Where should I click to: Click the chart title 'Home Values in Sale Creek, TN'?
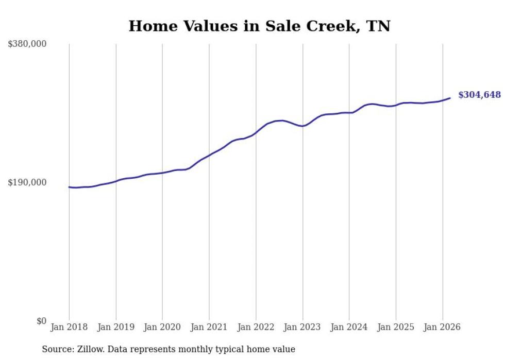coord(259,26)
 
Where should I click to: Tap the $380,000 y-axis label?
coord(27,44)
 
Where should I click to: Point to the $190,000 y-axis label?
coord(27,182)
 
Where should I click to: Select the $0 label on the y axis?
coord(41,321)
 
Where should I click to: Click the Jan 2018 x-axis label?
coord(69,327)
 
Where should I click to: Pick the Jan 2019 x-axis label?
coord(116,327)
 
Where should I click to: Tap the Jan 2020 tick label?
coord(162,327)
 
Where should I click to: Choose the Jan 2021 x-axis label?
coord(209,327)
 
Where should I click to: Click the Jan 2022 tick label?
coord(256,327)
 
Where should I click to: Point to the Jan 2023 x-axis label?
coord(302,327)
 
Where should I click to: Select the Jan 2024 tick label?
coord(349,327)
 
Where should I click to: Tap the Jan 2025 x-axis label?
coord(396,327)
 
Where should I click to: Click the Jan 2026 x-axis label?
coord(442,327)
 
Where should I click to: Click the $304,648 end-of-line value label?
coord(479,95)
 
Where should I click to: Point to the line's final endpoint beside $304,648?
coord(450,98)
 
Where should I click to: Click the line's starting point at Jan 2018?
coord(69,187)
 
